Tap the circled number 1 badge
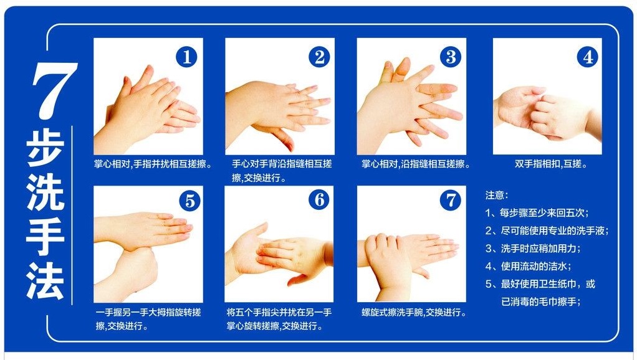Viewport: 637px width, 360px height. (186, 57)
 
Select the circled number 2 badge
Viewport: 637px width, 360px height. (319, 57)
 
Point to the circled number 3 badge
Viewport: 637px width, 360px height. (451, 57)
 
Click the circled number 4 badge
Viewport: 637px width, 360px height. (587, 57)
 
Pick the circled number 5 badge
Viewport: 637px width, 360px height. (189, 201)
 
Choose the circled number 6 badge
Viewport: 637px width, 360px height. (319, 200)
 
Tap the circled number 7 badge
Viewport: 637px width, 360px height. (451, 200)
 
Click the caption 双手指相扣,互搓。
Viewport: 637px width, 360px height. (551, 164)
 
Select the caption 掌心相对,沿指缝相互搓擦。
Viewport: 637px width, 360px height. (416, 164)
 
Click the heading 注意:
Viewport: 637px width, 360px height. (496, 195)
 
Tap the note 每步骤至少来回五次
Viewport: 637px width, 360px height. (544, 212)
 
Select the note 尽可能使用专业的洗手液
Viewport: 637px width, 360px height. (555, 230)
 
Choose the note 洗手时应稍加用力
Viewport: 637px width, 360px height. (540, 249)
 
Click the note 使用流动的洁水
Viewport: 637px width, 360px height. (536, 266)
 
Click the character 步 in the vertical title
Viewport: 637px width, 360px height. (45, 148)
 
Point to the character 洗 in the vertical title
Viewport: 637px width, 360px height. (45, 192)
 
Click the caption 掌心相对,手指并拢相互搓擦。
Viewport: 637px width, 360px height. (153, 164)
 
